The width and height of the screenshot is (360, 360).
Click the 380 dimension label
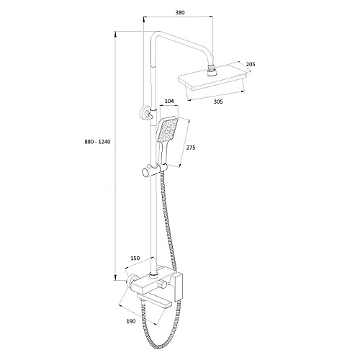coord(180,12)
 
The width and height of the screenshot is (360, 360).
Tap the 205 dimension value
coord(251,64)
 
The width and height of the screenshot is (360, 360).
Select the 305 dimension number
coord(218,102)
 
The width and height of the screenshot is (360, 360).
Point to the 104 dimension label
coord(169,101)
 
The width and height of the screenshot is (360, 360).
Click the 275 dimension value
coord(191,148)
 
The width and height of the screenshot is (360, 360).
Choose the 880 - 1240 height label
coord(97,142)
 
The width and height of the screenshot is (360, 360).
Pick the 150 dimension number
coord(135,258)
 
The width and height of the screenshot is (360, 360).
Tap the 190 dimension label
coord(131,321)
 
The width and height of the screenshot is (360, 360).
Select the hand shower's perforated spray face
coord(167,130)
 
